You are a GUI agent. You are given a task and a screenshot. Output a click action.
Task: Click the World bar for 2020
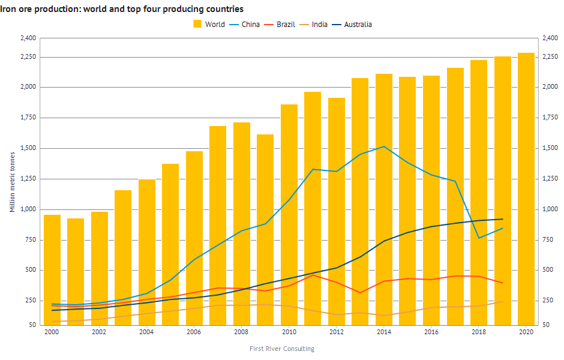pos(526,188)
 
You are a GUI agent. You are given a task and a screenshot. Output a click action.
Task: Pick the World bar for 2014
pos(384,199)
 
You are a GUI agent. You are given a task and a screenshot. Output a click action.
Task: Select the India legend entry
pos(314,25)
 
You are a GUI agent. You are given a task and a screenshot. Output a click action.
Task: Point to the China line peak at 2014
pos(384,146)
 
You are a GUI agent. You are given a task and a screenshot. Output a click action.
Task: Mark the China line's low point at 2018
pos(479,238)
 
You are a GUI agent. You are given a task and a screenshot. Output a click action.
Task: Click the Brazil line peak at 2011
pos(313,275)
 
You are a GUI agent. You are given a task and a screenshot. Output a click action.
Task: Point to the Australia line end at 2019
pos(502,219)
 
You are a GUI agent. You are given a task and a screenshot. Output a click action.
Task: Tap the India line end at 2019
pos(502,302)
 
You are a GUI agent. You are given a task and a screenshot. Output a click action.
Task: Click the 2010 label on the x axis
pos(289,331)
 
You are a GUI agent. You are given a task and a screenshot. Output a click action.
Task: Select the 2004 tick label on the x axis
pos(146,331)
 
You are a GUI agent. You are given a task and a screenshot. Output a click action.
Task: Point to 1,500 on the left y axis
pos(28,148)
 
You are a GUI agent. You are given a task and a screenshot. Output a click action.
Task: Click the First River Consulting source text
pos(282,349)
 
